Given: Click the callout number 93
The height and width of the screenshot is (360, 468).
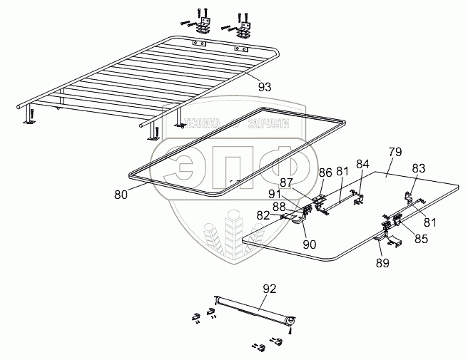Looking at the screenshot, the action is [265, 87].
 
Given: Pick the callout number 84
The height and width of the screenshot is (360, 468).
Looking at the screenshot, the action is [363, 165].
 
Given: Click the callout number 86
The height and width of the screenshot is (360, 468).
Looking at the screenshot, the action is [325, 172].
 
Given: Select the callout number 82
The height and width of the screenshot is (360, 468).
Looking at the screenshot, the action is [264, 215].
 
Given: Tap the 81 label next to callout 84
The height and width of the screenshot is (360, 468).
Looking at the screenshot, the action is [343, 171].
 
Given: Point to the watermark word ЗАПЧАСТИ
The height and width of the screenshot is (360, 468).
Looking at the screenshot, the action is [270, 123].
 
